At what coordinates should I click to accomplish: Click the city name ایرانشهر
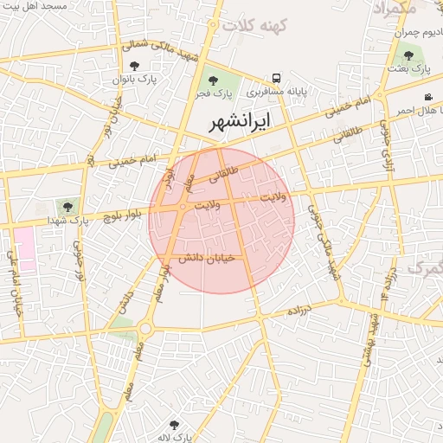coord(239,122)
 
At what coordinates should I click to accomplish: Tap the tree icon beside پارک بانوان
coord(133,65)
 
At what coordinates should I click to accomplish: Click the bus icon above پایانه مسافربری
coord(276,78)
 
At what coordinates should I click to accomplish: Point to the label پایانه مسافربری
coord(277,90)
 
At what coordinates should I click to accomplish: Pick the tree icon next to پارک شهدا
coord(66,207)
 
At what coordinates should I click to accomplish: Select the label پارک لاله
coord(174,437)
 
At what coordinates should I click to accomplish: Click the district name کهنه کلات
coord(253,25)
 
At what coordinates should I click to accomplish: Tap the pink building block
coord(23,248)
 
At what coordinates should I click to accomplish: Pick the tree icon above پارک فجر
coord(213,80)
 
